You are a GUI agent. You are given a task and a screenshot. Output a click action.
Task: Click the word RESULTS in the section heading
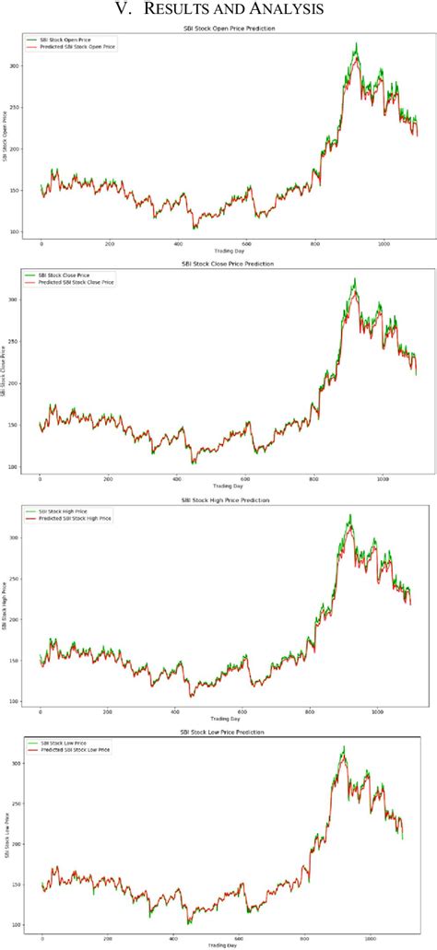click(x=180, y=10)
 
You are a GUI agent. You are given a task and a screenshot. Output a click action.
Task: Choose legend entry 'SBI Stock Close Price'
click(x=63, y=273)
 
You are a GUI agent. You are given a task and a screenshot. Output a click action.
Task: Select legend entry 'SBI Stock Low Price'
click(x=64, y=742)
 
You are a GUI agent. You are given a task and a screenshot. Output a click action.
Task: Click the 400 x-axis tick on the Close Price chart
click(x=177, y=479)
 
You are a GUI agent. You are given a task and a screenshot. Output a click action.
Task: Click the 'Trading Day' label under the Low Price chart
click(x=223, y=945)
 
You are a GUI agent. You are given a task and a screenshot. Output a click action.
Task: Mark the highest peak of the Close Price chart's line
click(x=354, y=278)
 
